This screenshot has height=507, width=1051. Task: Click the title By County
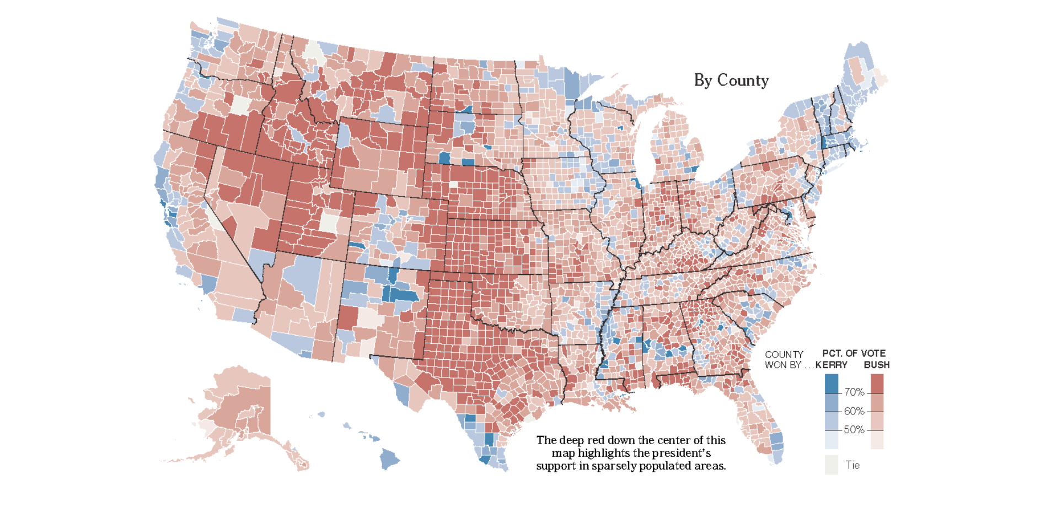click(731, 80)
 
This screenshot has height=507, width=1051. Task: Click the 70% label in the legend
click(854, 392)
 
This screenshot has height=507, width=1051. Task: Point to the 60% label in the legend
click(854, 411)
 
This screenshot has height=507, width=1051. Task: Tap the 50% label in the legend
click(854, 430)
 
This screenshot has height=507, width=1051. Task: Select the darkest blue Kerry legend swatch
click(831, 384)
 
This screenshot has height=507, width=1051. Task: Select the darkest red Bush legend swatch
click(877, 384)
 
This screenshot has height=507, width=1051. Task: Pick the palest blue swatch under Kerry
click(831, 440)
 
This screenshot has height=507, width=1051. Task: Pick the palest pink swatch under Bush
click(877, 440)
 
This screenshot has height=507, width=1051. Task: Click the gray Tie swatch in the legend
click(831, 465)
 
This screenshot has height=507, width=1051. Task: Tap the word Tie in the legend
click(852, 465)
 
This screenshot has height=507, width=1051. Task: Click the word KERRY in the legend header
click(831, 365)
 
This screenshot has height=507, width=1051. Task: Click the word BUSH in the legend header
click(876, 365)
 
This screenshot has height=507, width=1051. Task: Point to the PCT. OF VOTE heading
click(854, 353)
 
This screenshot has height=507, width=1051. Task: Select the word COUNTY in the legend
click(784, 354)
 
